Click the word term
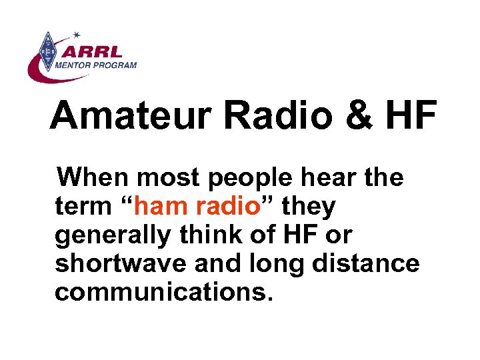tap(83, 207)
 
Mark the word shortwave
tap(119, 263)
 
